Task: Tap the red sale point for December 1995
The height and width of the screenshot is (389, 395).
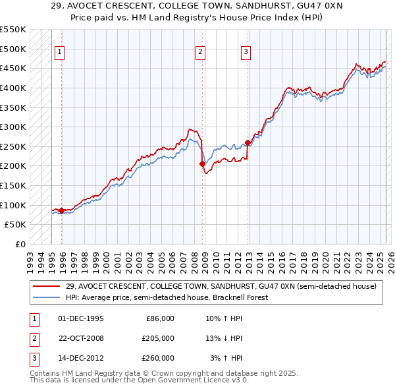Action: tap(61, 210)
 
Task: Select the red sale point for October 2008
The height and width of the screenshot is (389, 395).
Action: tap(202, 164)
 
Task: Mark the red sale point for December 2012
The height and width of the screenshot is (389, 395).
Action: tap(248, 142)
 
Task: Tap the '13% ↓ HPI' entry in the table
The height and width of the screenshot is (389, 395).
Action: tap(223, 338)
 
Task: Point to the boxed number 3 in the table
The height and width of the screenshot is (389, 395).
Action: tap(32, 358)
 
